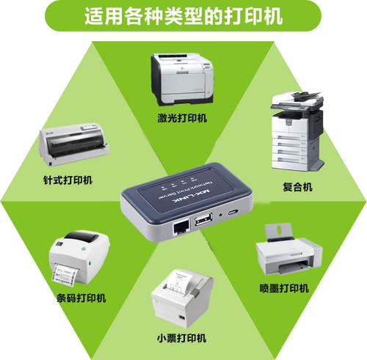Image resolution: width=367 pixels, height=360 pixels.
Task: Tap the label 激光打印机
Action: coord(182,118)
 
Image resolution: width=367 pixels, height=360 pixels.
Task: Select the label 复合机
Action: coord(297,186)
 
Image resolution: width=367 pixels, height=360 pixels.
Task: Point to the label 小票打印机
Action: coord(182,338)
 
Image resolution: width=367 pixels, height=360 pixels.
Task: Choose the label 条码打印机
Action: coord(81,298)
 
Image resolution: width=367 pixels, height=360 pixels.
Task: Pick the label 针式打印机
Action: coord(68,180)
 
